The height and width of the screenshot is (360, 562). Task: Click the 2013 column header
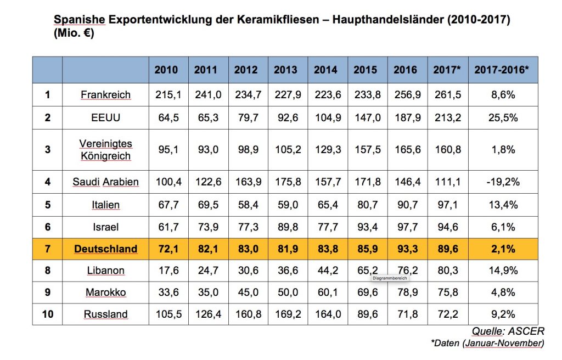tap(285, 70)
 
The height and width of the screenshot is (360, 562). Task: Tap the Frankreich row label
tap(105, 94)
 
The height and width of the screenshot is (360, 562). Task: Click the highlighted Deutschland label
tap(105, 249)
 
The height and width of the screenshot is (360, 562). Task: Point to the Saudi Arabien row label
tap(105, 182)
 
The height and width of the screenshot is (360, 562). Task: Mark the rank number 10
tap(47, 314)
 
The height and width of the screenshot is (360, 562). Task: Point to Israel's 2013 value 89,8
tap(285, 227)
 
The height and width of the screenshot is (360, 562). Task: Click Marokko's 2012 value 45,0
tap(246, 292)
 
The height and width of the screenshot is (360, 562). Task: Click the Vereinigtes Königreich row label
tap(105, 149)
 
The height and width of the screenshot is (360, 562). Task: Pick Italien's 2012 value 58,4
tap(246, 205)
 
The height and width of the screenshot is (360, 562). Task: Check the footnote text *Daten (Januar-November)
tap(487, 343)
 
